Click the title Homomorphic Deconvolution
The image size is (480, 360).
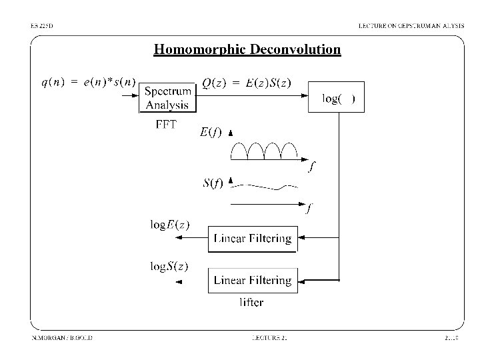(x=247, y=49)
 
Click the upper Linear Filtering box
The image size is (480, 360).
(x=251, y=238)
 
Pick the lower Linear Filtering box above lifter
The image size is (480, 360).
(x=251, y=280)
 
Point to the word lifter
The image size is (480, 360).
(x=251, y=302)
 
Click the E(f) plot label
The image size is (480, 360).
(x=211, y=132)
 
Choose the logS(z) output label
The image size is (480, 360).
(x=169, y=267)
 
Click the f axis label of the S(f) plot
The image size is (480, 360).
(x=308, y=209)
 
